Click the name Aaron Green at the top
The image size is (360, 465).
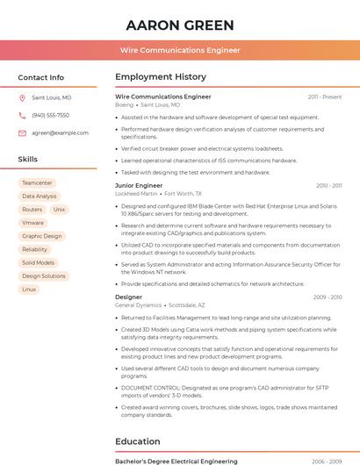(180, 25)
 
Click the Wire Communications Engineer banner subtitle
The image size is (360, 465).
(180, 50)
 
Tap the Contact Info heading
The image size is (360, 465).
(40, 77)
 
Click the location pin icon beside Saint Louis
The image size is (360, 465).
(22, 98)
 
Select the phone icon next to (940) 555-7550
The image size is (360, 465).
(22, 115)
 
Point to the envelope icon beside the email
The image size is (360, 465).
(22, 132)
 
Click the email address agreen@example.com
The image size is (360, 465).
(60, 132)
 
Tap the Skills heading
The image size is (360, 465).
(27, 160)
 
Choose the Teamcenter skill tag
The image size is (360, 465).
(37, 183)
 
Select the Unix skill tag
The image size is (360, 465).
(59, 210)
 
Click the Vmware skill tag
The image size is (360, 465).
(32, 223)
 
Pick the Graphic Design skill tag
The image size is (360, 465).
(42, 236)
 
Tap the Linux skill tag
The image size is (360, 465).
(29, 289)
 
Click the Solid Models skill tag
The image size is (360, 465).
(38, 262)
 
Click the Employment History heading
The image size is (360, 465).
(161, 77)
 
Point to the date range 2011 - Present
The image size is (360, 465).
(325, 97)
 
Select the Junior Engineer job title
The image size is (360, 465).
(139, 186)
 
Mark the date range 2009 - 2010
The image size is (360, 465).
(328, 297)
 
